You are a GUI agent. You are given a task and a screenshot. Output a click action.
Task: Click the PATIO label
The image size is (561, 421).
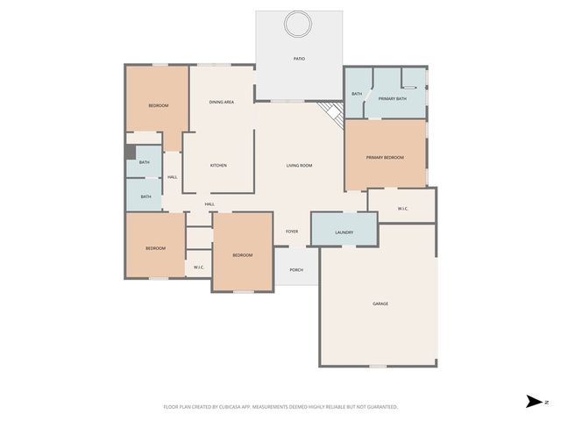299,59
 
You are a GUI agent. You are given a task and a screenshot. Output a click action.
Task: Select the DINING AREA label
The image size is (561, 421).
221,103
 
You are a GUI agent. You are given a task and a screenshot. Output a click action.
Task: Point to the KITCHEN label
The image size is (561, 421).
218,165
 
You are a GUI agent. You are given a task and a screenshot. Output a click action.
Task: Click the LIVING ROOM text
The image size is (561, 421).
299,165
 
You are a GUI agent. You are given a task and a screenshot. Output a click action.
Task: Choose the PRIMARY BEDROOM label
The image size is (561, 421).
385,157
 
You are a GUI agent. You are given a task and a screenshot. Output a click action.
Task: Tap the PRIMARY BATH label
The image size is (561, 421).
392,99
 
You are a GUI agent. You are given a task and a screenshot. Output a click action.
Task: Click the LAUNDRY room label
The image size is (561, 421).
344,232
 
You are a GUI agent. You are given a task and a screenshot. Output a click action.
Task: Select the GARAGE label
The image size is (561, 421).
380,303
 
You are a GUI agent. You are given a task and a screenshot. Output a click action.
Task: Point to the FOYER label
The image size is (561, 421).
292,232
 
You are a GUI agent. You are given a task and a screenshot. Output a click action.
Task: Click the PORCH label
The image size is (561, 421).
296,269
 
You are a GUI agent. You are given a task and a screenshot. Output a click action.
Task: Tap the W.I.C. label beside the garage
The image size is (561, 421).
402,209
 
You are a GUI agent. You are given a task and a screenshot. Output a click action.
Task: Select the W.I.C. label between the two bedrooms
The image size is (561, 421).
199,267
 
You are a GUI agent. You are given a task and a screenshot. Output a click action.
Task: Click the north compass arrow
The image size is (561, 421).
533,402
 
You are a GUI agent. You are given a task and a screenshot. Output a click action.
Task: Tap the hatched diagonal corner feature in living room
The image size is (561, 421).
330,113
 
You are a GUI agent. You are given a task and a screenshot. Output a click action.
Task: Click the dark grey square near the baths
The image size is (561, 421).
130,151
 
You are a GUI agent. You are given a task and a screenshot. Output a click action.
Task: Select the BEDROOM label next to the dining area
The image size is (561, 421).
158,105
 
